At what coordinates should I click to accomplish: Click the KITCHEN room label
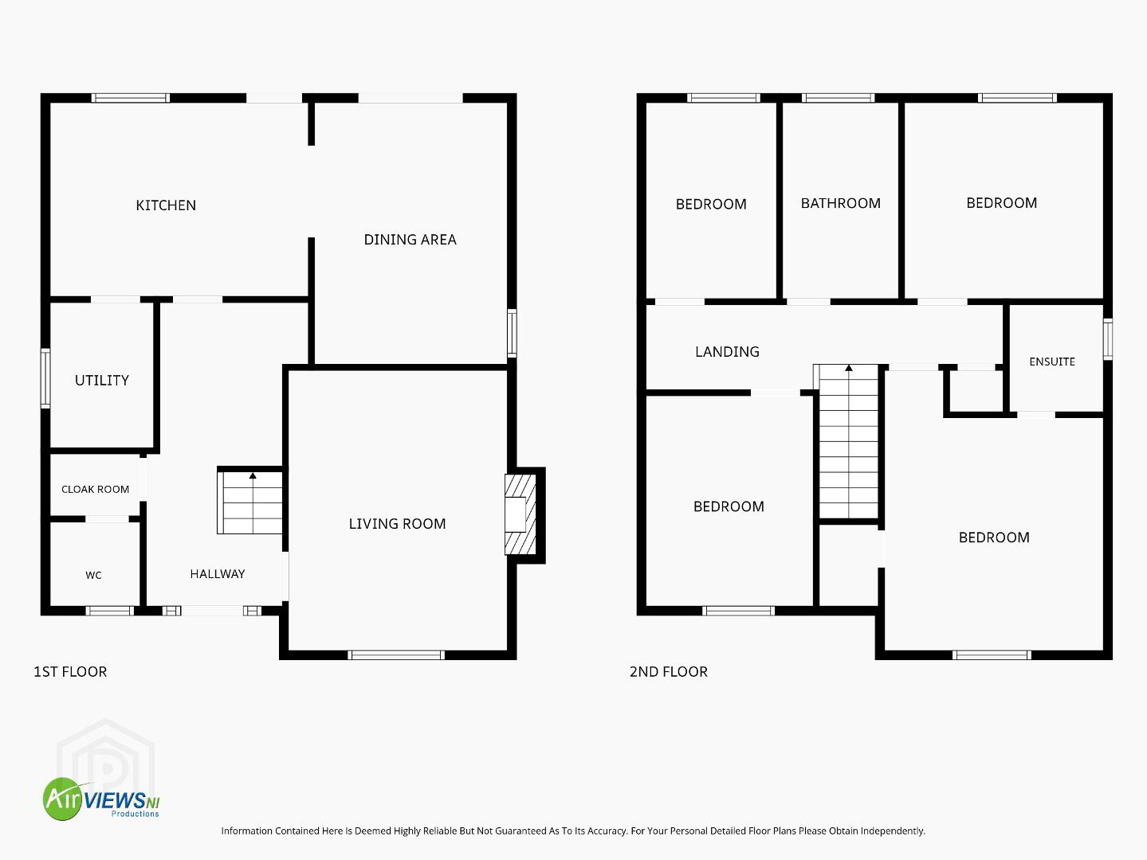(x=166, y=205)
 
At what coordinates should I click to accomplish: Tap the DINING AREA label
(x=410, y=240)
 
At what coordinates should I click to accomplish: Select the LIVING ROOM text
(x=397, y=523)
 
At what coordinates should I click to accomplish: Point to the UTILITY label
(x=102, y=381)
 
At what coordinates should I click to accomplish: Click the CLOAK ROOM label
(x=95, y=490)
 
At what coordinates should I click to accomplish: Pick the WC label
(x=93, y=575)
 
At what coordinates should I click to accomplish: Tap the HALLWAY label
(x=218, y=574)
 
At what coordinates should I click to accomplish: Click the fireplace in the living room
(x=520, y=514)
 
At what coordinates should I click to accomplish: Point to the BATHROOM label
(x=841, y=203)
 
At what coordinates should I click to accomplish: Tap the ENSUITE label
(x=1052, y=362)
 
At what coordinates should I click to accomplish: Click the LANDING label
(x=728, y=352)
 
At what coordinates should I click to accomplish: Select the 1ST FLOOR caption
(x=71, y=671)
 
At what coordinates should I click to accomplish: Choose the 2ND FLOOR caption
(x=669, y=671)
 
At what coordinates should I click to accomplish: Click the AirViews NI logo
(x=101, y=799)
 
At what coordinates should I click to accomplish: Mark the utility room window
(x=45, y=377)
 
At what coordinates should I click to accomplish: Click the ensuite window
(x=1108, y=339)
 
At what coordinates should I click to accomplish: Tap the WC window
(x=110, y=611)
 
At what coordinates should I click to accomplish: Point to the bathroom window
(x=839, y=98)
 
